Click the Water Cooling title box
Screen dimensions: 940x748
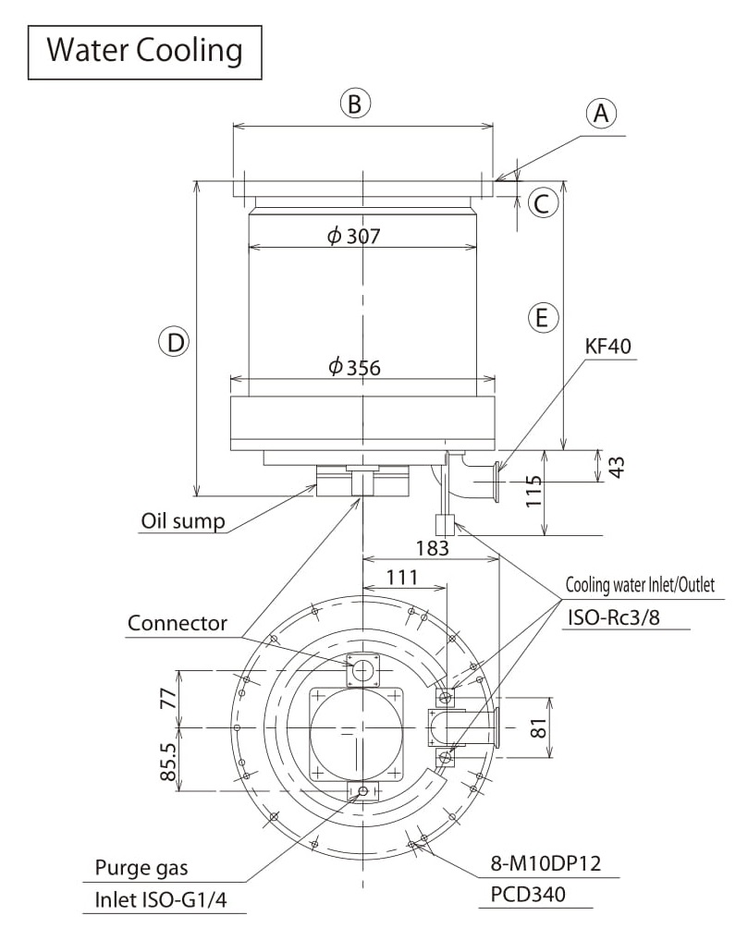click(x=144, y=50)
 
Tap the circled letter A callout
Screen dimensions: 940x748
click(x=601, y=113)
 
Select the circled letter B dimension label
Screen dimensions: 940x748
click(x=354, y=104)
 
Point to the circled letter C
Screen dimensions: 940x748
click(x=543, y=202)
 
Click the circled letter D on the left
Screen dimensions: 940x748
click(x=173, y=343)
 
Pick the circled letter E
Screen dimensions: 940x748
click(x=543, y=319)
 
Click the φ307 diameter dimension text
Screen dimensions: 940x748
click(x=354, y=236)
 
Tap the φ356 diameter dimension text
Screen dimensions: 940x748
click(x=354, y=367)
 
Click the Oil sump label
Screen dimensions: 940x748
click(x=183, y=521)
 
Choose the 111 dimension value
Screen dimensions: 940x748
click(x=401, y=578)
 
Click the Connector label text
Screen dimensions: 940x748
click(x=177, y=623)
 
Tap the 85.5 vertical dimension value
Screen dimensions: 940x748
click(x=168, y=760)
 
